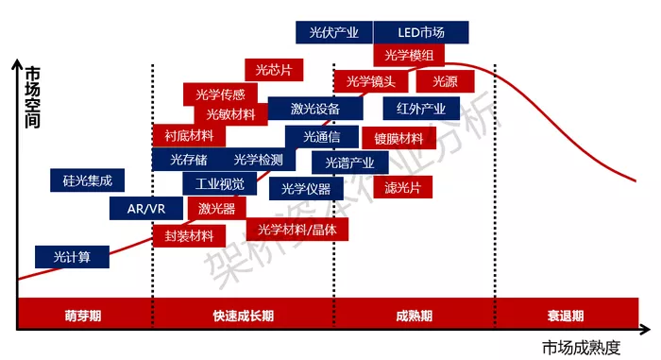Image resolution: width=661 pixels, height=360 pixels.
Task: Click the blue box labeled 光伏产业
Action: tap(334, 32)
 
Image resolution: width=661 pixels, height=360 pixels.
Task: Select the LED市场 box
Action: tap(421, 32)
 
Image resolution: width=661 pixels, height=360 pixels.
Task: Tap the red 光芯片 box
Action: tap(274, 70)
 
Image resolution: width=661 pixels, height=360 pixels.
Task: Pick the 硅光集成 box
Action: tap(87, 180)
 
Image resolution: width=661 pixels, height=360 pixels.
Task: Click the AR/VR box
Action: tap(146, 209)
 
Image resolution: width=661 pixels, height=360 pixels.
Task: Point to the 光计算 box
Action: tap(72, 257)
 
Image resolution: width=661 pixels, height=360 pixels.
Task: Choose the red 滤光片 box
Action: tap(403, 187)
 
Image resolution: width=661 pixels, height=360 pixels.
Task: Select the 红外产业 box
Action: tap(421, 109)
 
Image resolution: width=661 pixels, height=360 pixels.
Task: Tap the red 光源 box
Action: tap(445, 81)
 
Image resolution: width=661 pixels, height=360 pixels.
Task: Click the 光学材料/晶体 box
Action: tap(297, 230)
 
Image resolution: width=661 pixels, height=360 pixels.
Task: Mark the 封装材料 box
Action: tap(189, 236)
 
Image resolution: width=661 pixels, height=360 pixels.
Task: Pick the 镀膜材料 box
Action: tap(398, 138)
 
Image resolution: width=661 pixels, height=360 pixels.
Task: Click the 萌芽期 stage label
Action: tap(83, 316)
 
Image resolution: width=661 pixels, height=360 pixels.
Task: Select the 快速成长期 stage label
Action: tap(244, 316)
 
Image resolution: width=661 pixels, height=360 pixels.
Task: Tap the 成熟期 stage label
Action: tap(415, 316)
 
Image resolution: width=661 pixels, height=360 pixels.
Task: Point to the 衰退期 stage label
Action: tap(566, 316)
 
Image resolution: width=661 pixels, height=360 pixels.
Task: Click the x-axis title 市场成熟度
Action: tap(582, 348)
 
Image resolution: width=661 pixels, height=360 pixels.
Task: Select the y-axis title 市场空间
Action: tap(32, 97)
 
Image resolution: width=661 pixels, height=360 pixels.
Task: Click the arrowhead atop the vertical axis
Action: tap(17, 63)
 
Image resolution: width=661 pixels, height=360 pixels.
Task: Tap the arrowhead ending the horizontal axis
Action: tap(645, 330)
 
